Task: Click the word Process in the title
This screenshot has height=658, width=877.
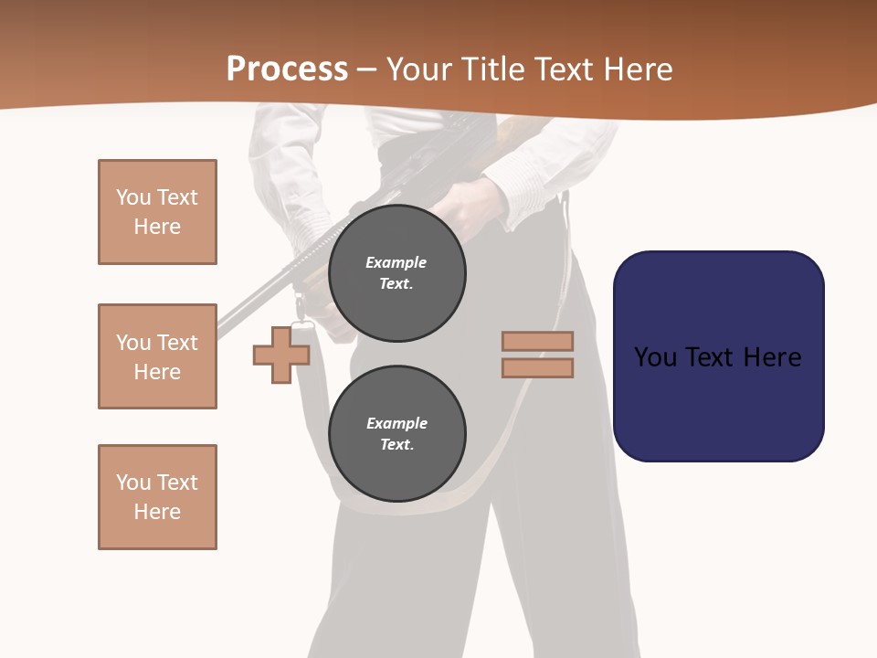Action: point(287,69)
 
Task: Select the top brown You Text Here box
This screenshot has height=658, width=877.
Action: point(157,212)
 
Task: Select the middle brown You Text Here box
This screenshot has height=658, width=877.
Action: point(157,356)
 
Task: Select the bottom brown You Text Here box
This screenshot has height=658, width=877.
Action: point(157,497)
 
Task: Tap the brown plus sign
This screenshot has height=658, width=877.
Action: point(281,355)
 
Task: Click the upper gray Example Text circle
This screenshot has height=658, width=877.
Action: point(397,273)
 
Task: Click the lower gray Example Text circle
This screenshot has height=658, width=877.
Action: point(397,434)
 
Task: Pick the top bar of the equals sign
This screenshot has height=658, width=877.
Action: point(537,341)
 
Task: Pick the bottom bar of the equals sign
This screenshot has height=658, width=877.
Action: point(537,367)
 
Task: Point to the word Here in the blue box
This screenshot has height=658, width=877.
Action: point(772,357)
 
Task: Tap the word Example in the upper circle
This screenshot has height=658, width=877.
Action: point(396,262)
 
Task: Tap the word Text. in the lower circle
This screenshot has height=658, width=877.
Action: point(396,445)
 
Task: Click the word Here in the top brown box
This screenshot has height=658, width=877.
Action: point(157,227)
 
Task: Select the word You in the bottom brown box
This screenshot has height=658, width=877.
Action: point(132,483)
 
